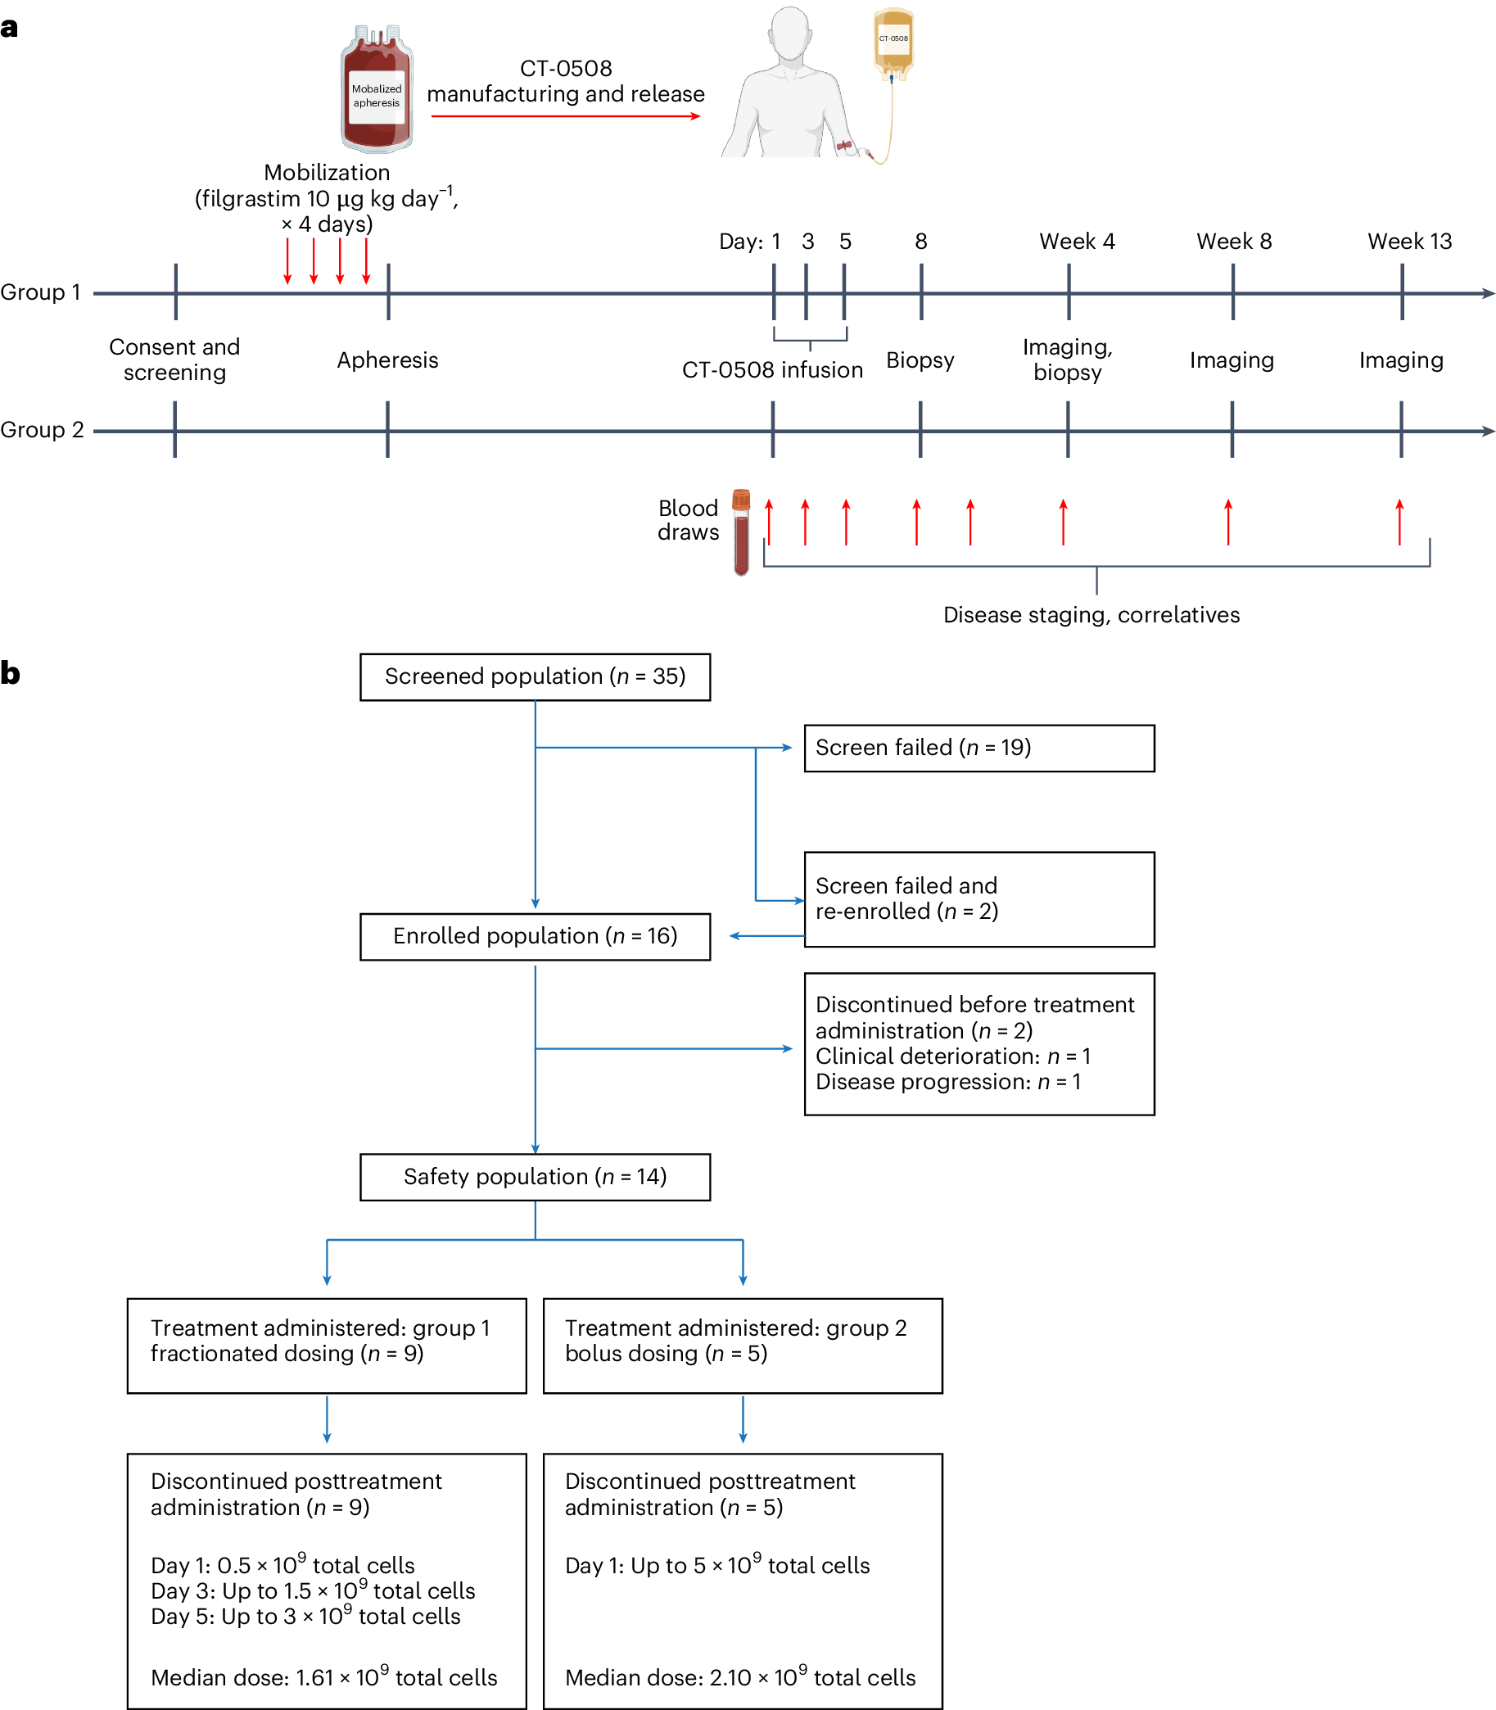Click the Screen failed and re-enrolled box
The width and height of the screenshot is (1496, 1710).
click(x=979, y=898)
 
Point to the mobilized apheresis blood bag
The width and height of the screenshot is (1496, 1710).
click(x=377, y=90)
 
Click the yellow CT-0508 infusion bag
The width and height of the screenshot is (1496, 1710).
click(x=893, y=42)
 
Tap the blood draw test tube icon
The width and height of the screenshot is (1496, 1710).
click(x=741, y=532)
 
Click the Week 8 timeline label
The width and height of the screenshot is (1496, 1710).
click(x=1233, y=242)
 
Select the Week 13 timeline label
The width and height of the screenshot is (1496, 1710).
click(x=1408, y=242)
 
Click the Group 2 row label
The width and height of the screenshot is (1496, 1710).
click(x=42, y=430)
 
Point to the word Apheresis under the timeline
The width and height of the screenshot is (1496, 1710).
click(x=387, y=360)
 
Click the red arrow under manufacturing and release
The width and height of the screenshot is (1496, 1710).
click(x=565, y=116)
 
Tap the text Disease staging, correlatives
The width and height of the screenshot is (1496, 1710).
click(x=1091, y=615)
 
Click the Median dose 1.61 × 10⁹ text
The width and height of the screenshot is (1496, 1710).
click(x=324, y=1676)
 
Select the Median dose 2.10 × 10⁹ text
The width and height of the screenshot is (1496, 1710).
click(x=739, y=1676)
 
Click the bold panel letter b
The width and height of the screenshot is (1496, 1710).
click(x=10, y=673)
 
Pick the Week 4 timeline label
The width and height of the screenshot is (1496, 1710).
click(x=1076, y=242)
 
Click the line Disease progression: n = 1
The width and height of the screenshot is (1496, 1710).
click(x=947, y=1082)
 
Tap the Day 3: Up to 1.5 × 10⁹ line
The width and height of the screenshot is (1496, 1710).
click(x=313, y=1590)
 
